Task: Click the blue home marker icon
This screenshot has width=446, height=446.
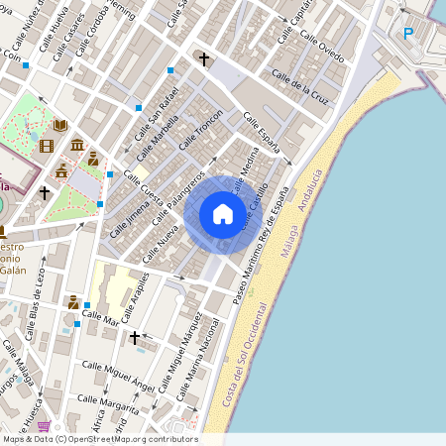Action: pos(223,213)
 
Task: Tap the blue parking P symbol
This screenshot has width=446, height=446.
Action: pos(407,34)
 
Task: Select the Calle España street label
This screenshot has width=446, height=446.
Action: pos(263,136)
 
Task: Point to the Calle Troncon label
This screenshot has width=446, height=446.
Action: pos(200,130)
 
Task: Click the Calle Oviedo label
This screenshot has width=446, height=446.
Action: pos(324,45)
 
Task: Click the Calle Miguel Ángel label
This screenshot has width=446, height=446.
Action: pos(117,379)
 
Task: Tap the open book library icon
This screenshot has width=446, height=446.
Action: pos(60,126)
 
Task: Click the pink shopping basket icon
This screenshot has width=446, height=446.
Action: pos(44,426)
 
